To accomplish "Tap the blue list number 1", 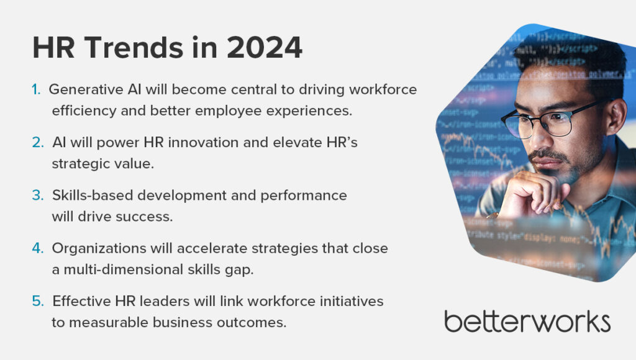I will pos(36,90).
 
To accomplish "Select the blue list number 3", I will pos(37,196).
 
